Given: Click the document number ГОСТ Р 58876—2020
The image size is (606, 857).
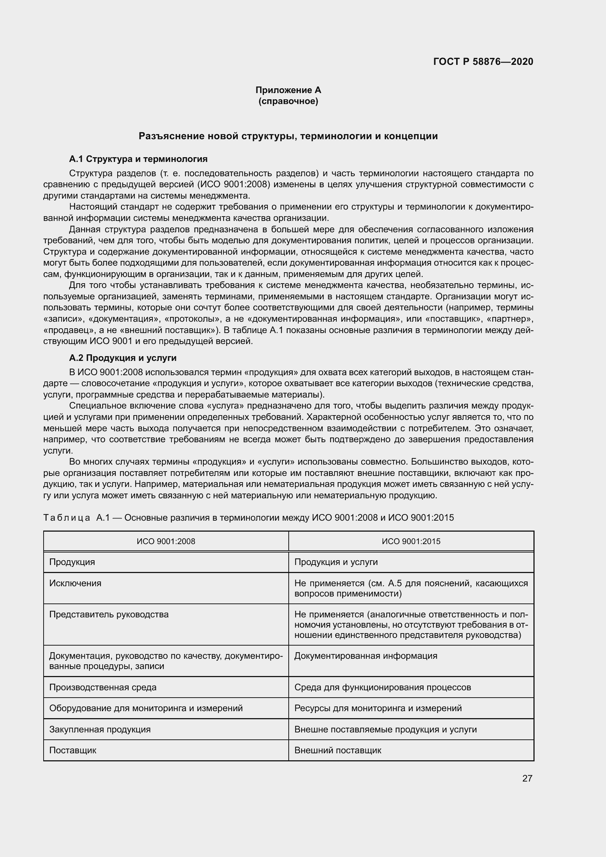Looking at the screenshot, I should (x=483, y=62).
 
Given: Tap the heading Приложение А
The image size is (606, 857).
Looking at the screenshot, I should (x=288, y=90).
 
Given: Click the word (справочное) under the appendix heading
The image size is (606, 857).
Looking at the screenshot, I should (x=288, y=101).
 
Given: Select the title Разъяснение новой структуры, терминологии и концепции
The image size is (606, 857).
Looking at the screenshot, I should (x=288, y=136).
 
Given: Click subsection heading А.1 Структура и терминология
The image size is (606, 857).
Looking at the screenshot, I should (x=138, y=159).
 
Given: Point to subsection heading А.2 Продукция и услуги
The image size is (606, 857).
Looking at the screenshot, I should (x=123, y=358).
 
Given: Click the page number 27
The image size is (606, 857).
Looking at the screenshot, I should (x=527, y=778).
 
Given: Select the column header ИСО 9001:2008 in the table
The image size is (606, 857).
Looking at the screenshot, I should (x=166, y=541).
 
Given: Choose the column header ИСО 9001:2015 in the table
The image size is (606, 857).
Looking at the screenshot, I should (x=411, y=541).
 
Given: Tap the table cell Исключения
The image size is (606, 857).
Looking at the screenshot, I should (x=75, y=583).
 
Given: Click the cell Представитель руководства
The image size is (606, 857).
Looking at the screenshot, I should (x=109, y=614).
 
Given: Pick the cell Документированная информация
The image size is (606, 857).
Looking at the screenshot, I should (x=366, y=656).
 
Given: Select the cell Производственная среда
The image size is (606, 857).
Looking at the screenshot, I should (x=103, y=687).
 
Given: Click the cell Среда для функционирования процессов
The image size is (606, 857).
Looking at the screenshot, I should (x=383, y=687).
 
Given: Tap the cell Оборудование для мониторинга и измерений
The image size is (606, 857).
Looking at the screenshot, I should (x=146, y=708).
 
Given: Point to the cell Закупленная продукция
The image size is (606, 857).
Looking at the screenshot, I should (x=100, y=729).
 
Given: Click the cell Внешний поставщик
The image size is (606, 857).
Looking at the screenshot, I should (x=338, y=750).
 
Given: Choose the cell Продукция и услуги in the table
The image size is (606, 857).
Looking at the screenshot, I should (x=336, y=562).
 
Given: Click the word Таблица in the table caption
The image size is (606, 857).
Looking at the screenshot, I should (x=67, y=518).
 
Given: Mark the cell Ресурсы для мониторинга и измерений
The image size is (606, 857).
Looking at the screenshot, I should (x=378, y=708).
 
